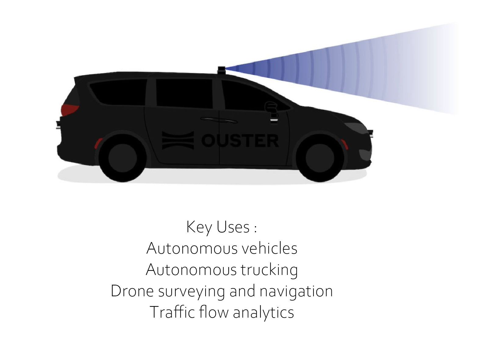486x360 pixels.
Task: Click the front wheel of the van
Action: pos(320,158)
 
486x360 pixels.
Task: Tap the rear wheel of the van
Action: pos(123,158)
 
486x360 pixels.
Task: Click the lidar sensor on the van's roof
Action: pos(222,70)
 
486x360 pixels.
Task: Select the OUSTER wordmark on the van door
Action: pos(240,141)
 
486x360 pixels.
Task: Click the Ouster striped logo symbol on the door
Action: pos(178,140)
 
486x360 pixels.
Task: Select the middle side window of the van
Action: pos(184,93)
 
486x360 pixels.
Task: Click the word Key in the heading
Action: pos(199,227)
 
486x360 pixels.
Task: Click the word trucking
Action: pos(269,270)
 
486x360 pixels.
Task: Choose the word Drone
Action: pos(132,291)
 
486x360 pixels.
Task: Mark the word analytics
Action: pos(263,312)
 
